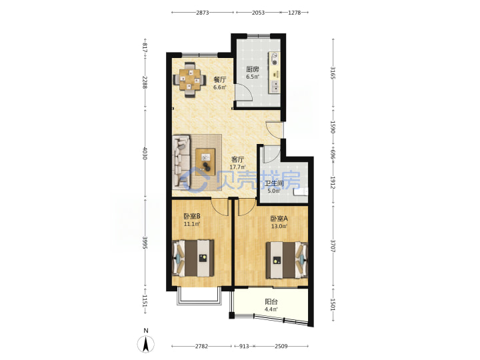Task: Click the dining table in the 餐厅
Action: tap(189, 79)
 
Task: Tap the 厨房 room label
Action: tap(253, 69)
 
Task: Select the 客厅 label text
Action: tap(237, 159)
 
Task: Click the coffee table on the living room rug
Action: tap(206, 161)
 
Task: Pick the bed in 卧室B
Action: tap(193, 258)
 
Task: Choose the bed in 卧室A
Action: tap(287, 260)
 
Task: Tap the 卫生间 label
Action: tap(274, 183)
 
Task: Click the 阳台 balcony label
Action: tap(271, 301)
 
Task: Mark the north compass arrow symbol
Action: tap(146, 344)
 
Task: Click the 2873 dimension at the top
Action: tap(203, 13)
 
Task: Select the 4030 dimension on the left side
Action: tap(145, 153)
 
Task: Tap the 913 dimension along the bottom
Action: tap(244, 346)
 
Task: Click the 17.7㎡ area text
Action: tap(237, 167)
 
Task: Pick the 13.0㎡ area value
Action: tap(279, 227)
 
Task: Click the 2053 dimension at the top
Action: tap(258, 13)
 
